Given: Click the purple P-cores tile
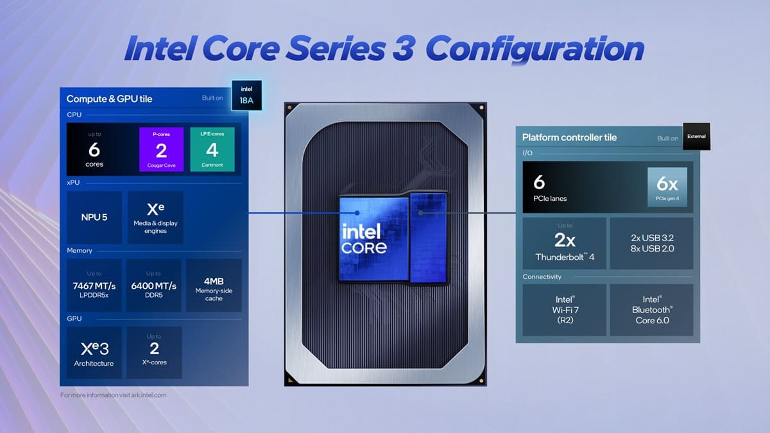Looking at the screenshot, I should pyautogui.click(x=161, y=149).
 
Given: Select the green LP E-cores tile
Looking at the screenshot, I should pyautogui.click(x=212, y=149).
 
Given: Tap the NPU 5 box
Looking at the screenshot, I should pyautogui.click(x=94, y=217).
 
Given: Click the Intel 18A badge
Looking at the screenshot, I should pyautogui.click(x=247, y=94).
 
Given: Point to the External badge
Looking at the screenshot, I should pyautogui.click(x=696, y=136).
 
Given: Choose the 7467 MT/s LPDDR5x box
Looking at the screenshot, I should pyautogui.click(x=94, y=285).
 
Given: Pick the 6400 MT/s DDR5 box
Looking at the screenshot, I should pyautogui.click(x=154, y=285).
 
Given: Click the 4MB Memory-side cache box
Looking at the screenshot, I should pyautogui.click(x=214, y=285).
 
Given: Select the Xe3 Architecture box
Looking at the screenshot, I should pyautogui.click(x=94, y=352).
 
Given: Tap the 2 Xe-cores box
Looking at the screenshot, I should pyautogui.click(x=154, y=352).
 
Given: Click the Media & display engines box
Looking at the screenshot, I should pyautogui.click(x=156, y=217).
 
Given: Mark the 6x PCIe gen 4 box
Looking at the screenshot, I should pyautogui.click(x=667, y=187).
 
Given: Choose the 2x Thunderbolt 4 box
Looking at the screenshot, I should pyautogui.click(x=564, y=243).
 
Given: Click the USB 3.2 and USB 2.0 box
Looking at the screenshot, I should pyautogui.click(x=651, y=243).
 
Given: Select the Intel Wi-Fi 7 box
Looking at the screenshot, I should pyautogui.click(x=564, y=310).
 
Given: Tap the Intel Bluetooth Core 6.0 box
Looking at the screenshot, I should pyautogui.click(x=651, y=310).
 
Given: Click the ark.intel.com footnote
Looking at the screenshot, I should pyautogui.click(x=114, y=395).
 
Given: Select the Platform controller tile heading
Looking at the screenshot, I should pyautogui.click(x=569, y=137).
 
